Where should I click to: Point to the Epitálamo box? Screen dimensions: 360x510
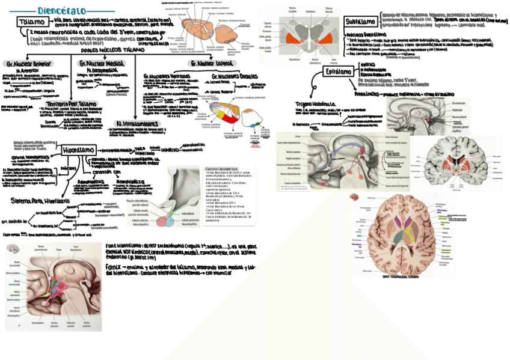click(x=339, y=72)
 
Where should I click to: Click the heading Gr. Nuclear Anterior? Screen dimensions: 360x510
click(x=28, y=63)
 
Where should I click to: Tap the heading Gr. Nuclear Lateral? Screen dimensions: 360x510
click(x=210, y=63)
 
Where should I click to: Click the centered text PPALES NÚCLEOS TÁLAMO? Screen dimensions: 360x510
click(x=108, y=50)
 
